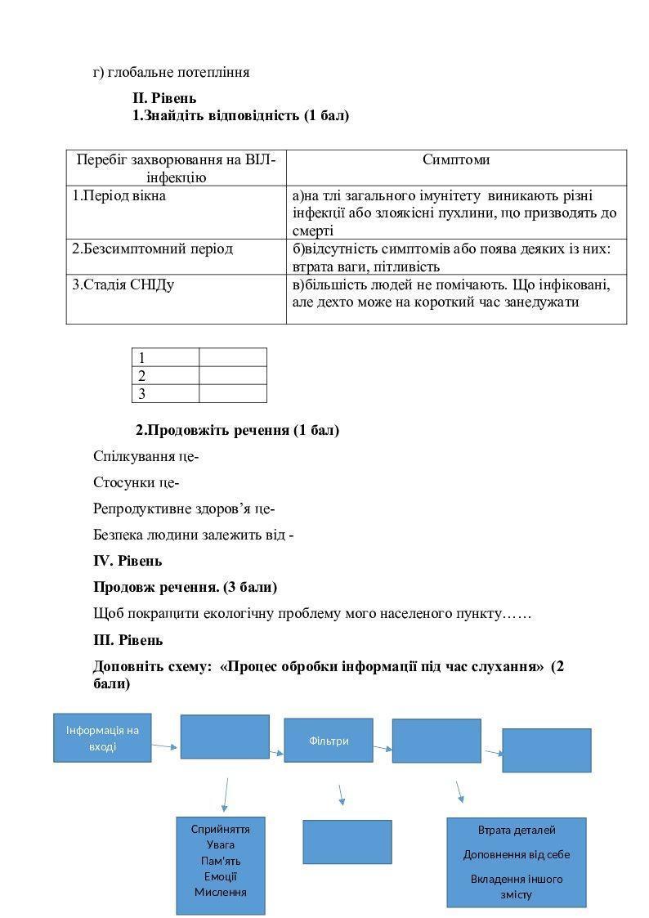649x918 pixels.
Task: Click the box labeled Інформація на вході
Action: (103, 738)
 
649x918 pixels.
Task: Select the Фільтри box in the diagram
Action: (329, 741)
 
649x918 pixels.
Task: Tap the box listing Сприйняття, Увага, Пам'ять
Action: (221, 865)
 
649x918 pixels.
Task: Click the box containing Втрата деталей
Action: (517, 862)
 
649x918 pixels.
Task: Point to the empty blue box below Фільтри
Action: (347, 842)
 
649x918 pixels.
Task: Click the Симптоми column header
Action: (456, 160)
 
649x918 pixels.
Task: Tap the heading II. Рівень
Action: (164, 99)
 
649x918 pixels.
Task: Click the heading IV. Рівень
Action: (128, 561)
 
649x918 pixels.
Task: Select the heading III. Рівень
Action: (128, 640)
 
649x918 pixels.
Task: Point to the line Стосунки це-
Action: (137, 482)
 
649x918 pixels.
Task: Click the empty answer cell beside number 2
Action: (233, 376)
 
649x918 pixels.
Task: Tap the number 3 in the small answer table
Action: (142, 394)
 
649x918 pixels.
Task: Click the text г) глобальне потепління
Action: (171, 72)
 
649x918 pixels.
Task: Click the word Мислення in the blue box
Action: (221, 892)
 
